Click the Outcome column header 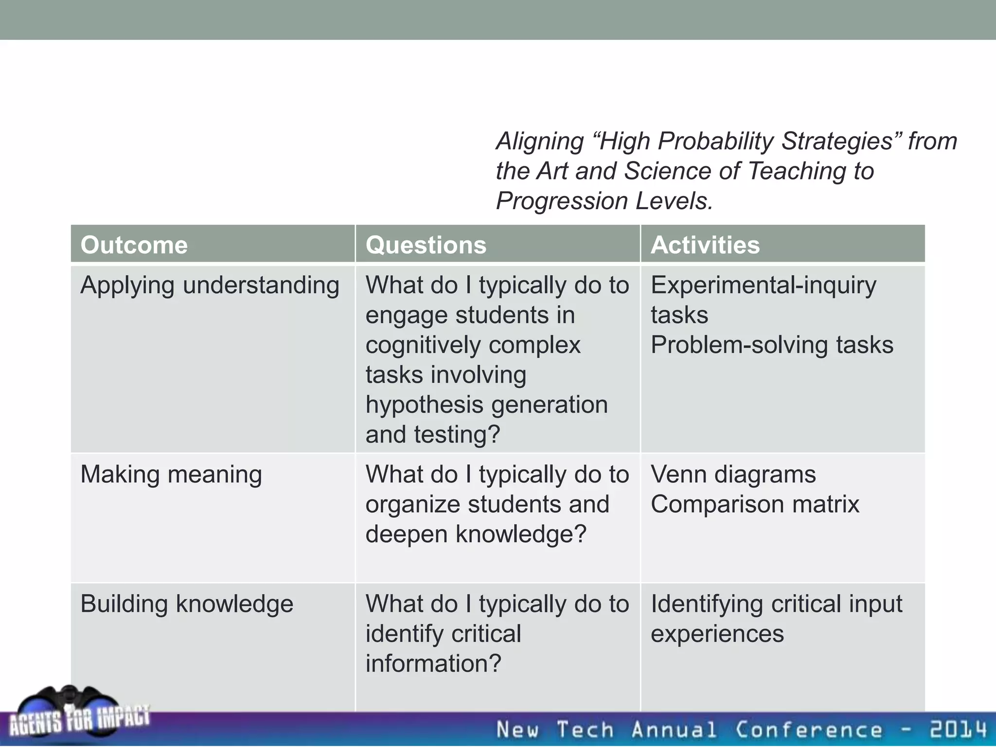[x=134, y=245]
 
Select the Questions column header [x=426, y=245]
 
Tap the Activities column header [x=705, y=245]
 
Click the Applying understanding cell [x=210, y=285]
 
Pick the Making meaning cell [x=171, y=475]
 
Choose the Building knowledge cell [x=187, y=605]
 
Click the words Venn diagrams [x=733, y=475]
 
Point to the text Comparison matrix [x=755, y=504]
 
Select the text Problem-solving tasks [x=772, y=345]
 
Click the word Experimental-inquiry [x=764, y=285]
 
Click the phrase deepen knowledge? [x=476, y=534]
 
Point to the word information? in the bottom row [x=433, y=664]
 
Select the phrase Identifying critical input [x=776, y=605]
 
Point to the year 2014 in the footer [x=958, y=730]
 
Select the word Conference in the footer [x=808, y=730]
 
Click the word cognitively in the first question [x=423, y=345]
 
